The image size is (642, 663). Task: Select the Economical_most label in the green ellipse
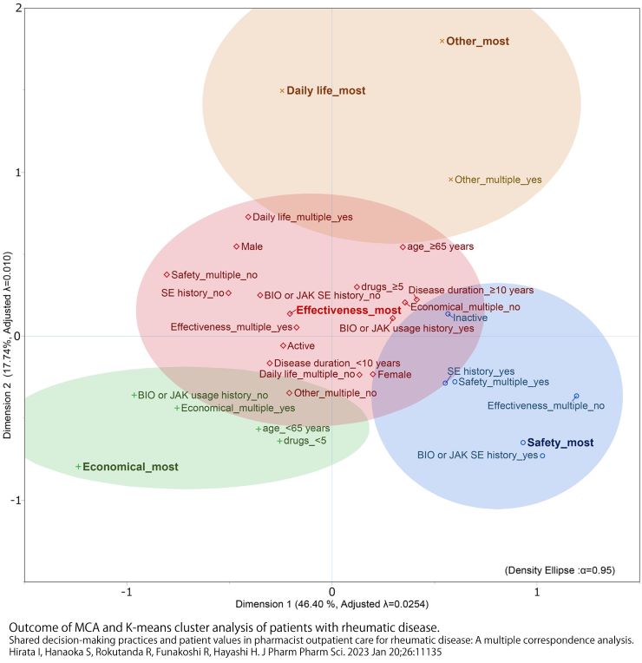131,467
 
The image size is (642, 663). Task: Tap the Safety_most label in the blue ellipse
560,443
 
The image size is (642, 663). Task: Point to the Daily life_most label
326,90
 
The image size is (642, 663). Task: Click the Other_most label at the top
477,41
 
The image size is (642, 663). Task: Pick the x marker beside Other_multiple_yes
450,180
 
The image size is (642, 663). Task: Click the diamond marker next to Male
236,246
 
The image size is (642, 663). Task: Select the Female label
394,375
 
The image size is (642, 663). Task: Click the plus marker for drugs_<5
278,441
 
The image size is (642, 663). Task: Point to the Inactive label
470,318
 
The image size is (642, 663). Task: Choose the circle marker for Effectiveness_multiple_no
576,397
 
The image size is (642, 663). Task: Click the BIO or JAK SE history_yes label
477,455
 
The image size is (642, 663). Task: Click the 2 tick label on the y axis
18,9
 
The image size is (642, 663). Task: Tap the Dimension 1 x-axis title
331,602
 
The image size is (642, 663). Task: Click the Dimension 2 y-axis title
8,345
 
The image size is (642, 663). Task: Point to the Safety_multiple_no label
213,275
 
